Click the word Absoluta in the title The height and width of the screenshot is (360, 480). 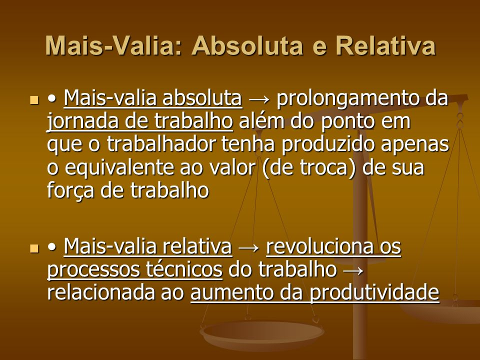tap(247, 46)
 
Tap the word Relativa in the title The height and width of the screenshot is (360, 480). tap(385, 46)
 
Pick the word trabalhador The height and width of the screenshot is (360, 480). tap(161, 144)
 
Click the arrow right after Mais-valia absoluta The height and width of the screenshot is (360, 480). tap(259, 100)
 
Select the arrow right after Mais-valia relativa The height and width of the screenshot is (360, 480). tap(249, 248)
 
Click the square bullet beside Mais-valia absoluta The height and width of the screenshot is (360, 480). tap(34, 100)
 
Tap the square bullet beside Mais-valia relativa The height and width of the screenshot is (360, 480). tap(34, 248)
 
